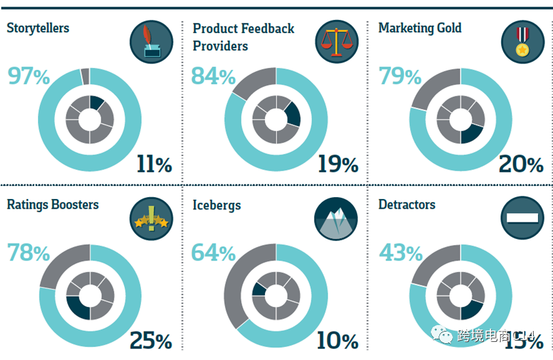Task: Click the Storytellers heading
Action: pos(37,28)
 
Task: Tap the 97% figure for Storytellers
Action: pos(28,76)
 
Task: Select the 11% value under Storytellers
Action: pos(154,164)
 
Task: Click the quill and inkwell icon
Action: pos(151,42)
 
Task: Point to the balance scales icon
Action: pos(337,42)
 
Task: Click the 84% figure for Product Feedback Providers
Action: pos(214,77)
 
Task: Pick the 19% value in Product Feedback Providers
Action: pos(337,164)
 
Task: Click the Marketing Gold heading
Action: pos(420,28)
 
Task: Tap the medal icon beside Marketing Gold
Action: pos(523,42)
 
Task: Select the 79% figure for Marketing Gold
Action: pos(400,77)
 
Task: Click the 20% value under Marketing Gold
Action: pos(521,164)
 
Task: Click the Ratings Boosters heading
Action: pos(53,205)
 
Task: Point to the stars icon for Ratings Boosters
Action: pos(151,218)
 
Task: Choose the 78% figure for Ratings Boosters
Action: pos(28,253)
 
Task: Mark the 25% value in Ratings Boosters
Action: pos(151,341)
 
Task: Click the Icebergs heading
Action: pos(216,206)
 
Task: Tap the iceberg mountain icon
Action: pos(337,218)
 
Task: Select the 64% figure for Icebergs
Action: pos(214,253)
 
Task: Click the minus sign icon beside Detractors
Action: pos(523,218)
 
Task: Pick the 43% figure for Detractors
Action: pos(400,253)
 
